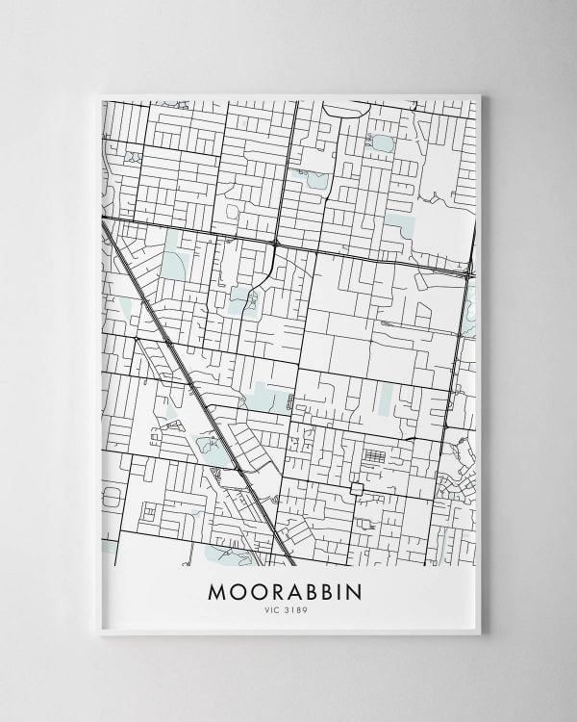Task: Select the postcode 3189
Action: [x=295, y=611]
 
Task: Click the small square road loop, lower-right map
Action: [x=356, y=489]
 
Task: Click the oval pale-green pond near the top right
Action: [x=382, y=143]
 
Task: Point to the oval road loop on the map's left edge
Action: [x=112, y=497]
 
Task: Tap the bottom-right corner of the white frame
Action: [x=479, y=632]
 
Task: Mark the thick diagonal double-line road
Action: [x=192, y=385]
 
